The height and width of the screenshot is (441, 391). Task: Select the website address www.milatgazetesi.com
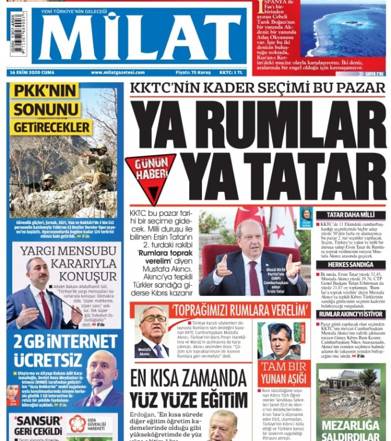pyautogui.click(x=117, y=72)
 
